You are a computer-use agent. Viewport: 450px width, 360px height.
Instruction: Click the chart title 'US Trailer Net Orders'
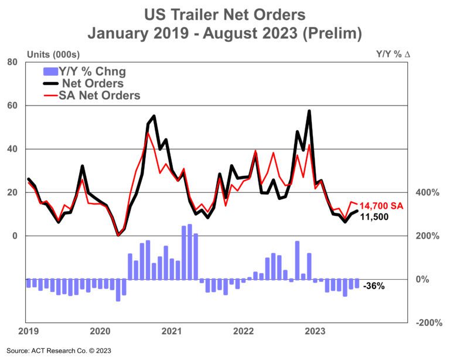click(x=225, y=13)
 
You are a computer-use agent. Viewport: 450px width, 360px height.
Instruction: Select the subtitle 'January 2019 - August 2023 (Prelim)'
click(x=225, y=32)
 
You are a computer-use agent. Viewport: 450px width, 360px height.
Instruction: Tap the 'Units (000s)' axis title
click(x=52, y=54)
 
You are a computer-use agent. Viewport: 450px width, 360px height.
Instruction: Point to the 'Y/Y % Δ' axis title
click(x=393, y=54)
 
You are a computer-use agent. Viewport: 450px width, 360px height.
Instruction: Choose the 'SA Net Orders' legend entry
click(x=99, y=95)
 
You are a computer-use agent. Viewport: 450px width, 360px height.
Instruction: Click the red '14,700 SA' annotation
click(x=381, y=206)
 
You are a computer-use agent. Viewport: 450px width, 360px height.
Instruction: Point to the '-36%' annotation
click(x=373, y=287)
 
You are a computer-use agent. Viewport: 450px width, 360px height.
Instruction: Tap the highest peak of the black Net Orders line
click(x=309, y=111)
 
